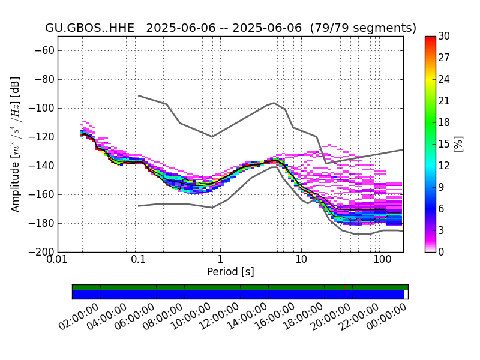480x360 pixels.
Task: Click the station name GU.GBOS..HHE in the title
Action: pos(89,28)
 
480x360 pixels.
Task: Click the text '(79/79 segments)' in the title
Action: pos(363,28)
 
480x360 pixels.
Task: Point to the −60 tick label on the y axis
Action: pos(44,50)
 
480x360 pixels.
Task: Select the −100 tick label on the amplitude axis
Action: pos(41,108)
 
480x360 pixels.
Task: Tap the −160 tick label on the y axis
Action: pos(41,194)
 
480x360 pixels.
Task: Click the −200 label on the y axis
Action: pos(41,252)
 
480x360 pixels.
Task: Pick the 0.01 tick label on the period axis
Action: pos(58,260)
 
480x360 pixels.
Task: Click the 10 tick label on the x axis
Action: pos(301,260)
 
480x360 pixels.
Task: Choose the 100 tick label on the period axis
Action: pos(383,260)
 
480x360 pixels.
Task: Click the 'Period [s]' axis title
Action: pos(230,272)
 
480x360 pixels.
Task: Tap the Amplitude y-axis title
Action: pos(16,144)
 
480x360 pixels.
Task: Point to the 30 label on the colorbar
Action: pos(444,36)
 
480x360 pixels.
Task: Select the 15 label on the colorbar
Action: pos(444,144)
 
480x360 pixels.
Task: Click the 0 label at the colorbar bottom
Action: pos(441,252)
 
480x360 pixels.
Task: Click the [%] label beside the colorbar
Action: pos(458,144)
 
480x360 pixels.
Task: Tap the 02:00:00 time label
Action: pos(79,316)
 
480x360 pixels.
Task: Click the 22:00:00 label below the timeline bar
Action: pos(359,316)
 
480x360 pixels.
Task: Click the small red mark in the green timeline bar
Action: pos(346,287)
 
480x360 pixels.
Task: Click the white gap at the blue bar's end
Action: pos(406,295)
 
